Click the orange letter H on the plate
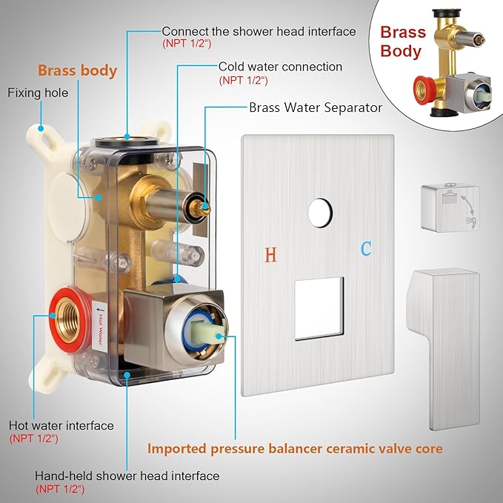coord(271,255)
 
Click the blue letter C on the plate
coord(366,249)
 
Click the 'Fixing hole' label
coord(38,93)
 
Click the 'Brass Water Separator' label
coord(316,107)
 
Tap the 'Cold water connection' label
coord(280,67)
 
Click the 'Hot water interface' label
coord(61,425)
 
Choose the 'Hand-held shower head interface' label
coord(127,476)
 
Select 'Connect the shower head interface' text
coord(259,31)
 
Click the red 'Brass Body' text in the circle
coord(402,41)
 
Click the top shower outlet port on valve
coord(127,138)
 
